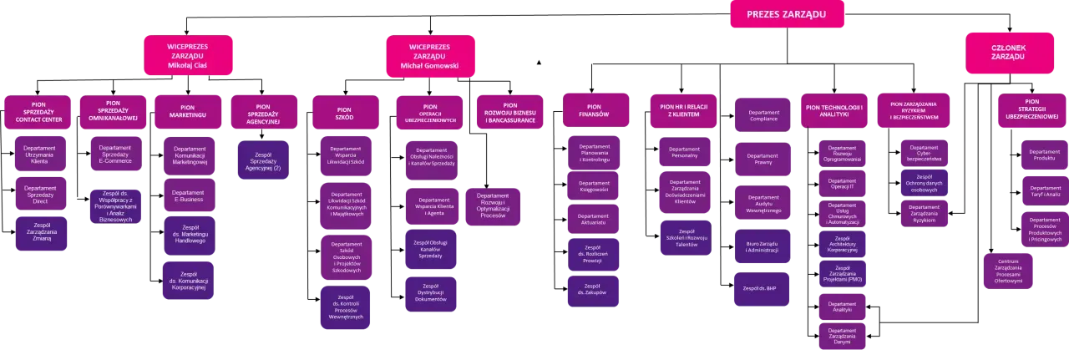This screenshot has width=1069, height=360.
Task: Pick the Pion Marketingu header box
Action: point(187,112)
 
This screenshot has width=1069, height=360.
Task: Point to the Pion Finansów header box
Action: point(594,110)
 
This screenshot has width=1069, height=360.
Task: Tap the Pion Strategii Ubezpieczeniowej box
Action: point(1032,112)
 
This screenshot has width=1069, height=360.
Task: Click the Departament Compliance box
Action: point(762,114)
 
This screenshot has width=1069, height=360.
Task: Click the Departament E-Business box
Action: point(188,196)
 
